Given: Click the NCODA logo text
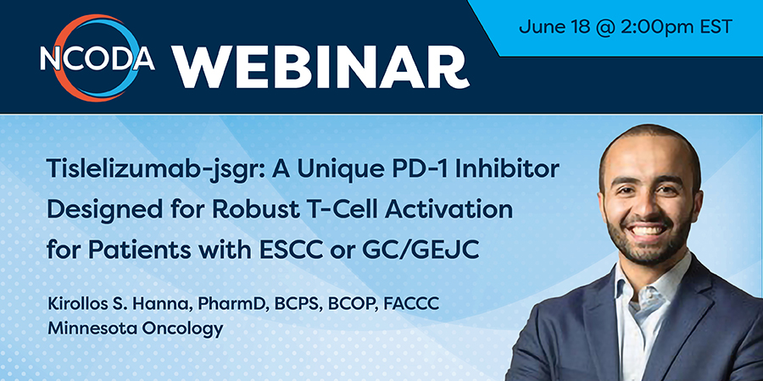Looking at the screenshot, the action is [x=97, y=58].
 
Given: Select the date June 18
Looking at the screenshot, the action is [x=545, y=26].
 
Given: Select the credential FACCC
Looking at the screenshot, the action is [x=411, y=305].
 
